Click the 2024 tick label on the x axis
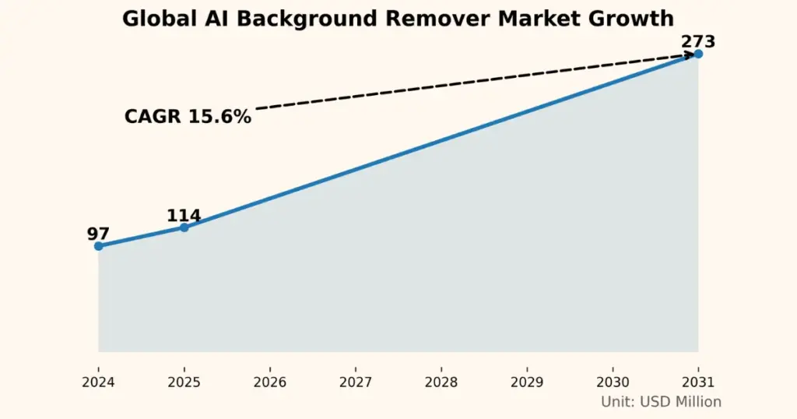pyautogui.click(x=98, y=382)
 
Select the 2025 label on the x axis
pyautogui.click(x=184, y=382)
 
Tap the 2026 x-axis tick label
pyautogui.click(x=269, y=382)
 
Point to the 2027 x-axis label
pyautogui.click(x=355, y=382)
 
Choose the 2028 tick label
pyautogui.click(x=441, y=382)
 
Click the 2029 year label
pyautogui.click(x=527, y=382)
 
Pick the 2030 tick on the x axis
pyautogui.click(x=613, y=382)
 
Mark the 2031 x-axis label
pyautogui.click(x=698, y=382)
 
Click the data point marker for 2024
pyautogui.click(x=98, y=246)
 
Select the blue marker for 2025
pyautogui.click(x=184, y=227)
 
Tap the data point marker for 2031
pyautogui.click(x=698, y=54)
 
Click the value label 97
pyautogui.click(x=98, y=234)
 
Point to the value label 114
pyautogui.click(x=184, y=216)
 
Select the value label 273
pyautogui.click(x=697, y=41)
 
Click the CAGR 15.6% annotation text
pyautogui.click(x=188, y=117)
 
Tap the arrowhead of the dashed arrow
pyautogui.click(x=689, y=55)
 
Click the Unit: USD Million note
pyautogui.click(x=661, y=402)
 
